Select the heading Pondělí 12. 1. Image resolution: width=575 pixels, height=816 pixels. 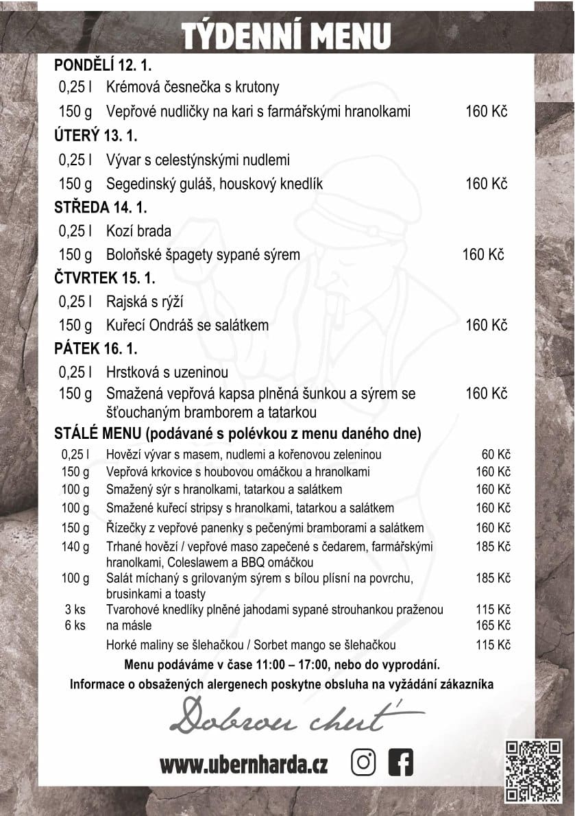103,66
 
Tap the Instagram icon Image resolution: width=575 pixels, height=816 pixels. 364,763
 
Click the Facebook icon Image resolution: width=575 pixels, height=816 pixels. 400,763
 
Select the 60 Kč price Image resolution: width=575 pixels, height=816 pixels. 496,454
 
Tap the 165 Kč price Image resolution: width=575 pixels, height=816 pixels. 493,625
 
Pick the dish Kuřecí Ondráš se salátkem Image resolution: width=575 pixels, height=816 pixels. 187,325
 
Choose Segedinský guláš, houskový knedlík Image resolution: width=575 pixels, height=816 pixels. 214,184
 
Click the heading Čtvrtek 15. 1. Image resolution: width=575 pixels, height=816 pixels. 105,278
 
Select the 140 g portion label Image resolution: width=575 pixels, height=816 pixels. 75,547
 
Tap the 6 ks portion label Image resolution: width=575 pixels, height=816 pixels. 75,625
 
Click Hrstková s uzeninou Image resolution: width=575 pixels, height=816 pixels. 167,372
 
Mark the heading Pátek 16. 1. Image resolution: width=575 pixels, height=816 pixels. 96,349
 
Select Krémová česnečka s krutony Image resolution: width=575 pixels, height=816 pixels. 193,87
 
